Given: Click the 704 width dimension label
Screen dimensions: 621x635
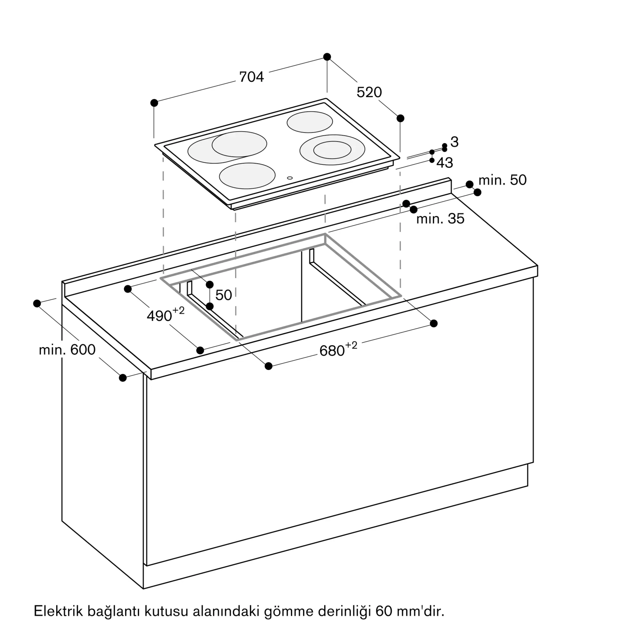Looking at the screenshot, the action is pyautogui.click(x=251, y=77).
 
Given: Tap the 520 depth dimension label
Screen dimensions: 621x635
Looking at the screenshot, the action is pyautogui.click(x=369, y=92).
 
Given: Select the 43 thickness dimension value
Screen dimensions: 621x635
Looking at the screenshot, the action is pyautogui.click(x=445, y=163).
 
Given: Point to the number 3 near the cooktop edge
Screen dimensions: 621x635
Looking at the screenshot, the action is pyautogui.click(x=454, y=142).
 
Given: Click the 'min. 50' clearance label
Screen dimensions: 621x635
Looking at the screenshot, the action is pyautogui.click(x=502, y=180).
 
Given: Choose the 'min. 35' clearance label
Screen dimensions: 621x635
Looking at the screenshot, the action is pyautogui.click(x=440, y=218).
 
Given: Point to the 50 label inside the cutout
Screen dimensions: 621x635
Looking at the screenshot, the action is pyautogui.click(x=223, y=295).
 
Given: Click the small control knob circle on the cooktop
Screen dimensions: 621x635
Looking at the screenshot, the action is pyautogui.click(x=290, y=178).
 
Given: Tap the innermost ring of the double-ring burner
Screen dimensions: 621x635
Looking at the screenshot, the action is pyautogui.click(x=332, y=150).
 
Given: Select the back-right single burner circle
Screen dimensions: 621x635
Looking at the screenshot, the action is pyautogui.click(x=309, y=122).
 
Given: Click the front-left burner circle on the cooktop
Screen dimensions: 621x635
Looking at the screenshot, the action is pyautogui.click(x=247, y=176).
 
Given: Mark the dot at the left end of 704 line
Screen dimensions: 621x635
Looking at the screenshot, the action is pyautogui.click(x=154, y=103).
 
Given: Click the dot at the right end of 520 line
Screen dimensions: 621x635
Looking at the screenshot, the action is pyautogui.click(x=400, y=118).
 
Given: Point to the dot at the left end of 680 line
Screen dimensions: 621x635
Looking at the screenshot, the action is pyautogui.click(x=268, y=366).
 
